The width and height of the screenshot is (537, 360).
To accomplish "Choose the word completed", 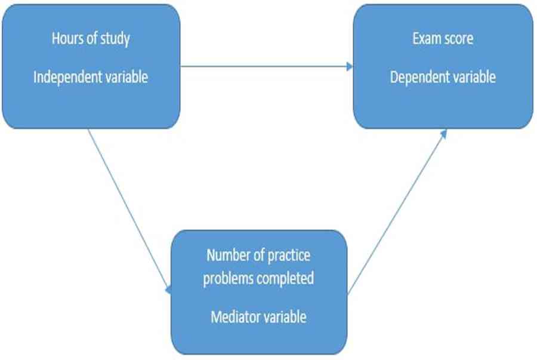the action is [x=285, y=278].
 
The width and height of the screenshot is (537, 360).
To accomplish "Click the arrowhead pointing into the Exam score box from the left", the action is [x=350, y=66].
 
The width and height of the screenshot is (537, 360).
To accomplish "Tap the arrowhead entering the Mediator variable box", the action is [x=168, y=290].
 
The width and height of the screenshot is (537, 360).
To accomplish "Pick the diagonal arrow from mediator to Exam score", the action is [x=397, y=212].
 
